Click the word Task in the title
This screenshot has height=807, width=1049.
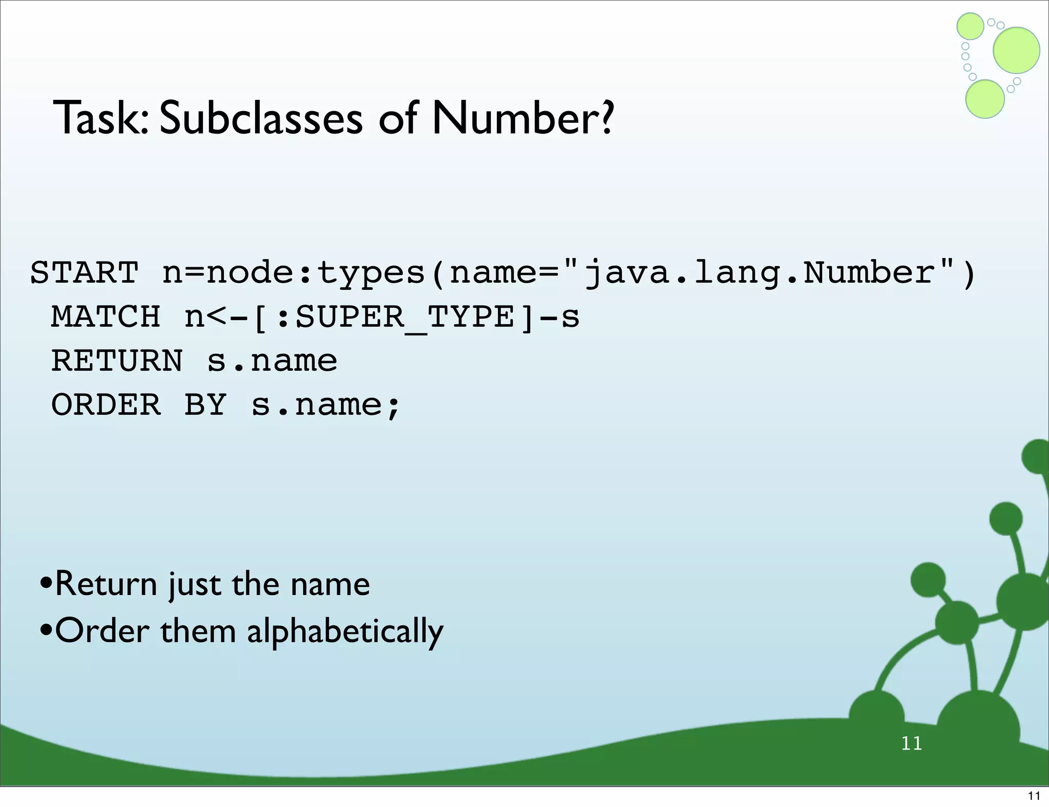(x=100, y=119)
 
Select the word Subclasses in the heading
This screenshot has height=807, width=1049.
(x=261, y=119)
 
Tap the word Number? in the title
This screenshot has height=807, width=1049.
(x=522, y=119)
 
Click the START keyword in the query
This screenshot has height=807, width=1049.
(x=85, y=272)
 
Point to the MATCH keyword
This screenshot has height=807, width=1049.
(x=106, y=316)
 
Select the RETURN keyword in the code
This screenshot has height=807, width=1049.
(x=117, y=360)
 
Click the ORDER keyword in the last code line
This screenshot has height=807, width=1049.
(x=106, y=405)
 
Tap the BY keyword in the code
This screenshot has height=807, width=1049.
(x=205, y=405)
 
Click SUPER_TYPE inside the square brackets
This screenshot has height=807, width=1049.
(x=405, y=316)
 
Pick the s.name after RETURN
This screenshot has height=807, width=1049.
(x=272, y=360)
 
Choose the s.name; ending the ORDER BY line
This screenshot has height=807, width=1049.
(x=326, y=405)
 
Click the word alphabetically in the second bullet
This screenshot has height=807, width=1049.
(x=345, y=631)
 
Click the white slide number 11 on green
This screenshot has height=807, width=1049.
(x=911, y=743)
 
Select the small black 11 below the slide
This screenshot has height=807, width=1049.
(x=1034, y=796)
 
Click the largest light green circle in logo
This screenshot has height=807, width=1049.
(x=1016, y=50)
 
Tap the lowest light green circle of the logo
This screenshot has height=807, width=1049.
(x=984, y=99)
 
